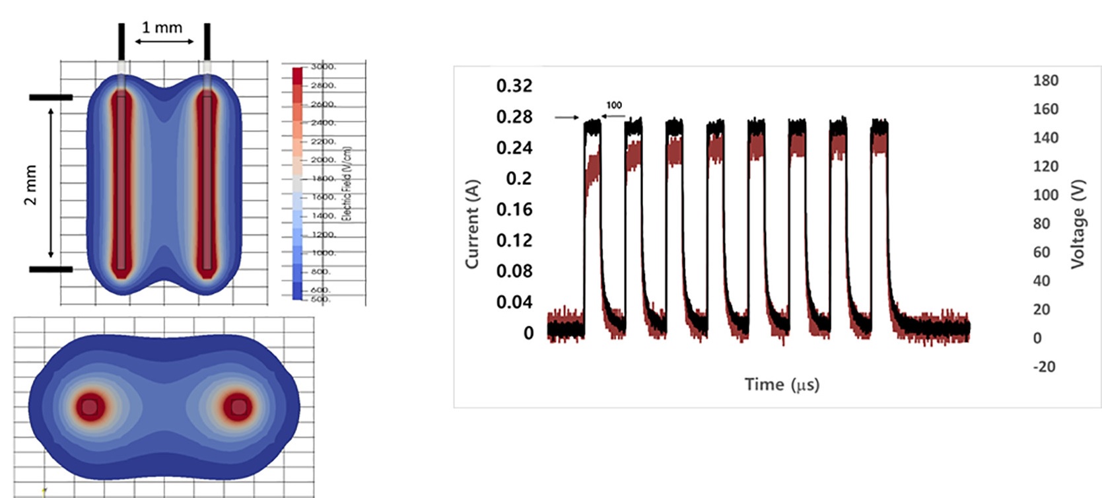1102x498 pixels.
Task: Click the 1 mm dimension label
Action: pos(162,28)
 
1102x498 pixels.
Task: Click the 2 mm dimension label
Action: pos(31,185)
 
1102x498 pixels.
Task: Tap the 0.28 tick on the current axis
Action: pos(514,117)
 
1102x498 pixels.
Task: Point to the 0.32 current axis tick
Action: pos(514,86)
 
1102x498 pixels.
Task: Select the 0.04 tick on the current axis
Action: pos(514,302)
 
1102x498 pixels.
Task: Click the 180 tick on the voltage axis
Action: pos(1046,81)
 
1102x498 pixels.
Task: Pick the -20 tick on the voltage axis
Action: pos(1044,367)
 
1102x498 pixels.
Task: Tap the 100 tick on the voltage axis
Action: pos(1046,195)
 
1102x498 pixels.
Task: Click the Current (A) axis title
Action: pos(471,225)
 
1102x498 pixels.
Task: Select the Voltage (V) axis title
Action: pos(1078,224)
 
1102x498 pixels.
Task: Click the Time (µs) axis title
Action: pos(782,384)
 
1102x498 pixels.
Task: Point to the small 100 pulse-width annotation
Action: pos(614,105)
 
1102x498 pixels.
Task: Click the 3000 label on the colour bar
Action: pos(324,67)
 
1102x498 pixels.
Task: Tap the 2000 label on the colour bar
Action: pos(324,160)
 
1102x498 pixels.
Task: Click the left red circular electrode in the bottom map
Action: pos(90,406)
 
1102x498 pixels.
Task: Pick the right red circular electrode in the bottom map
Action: pos(238,406)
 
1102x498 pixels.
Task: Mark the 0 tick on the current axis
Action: pos(528,334)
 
